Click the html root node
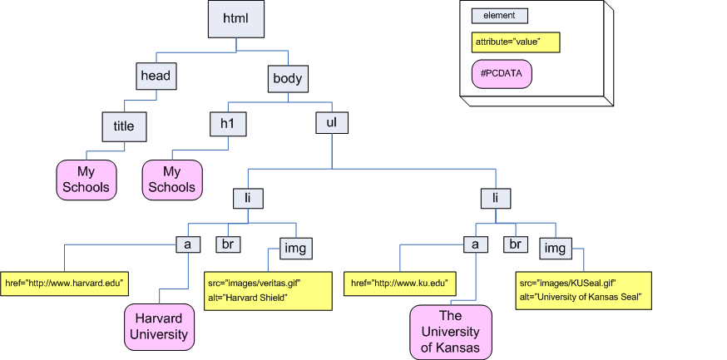[x=236, y=17]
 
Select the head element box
[x=156, y=76]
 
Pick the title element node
[x=124, y=126]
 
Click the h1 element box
[x=229, y=123]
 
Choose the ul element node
[x=331, y=123]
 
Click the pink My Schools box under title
[x=87, y=180]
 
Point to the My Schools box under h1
[x=172, y=180]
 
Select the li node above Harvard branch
[x=248, y=199]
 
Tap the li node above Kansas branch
[x=496, y=199]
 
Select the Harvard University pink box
[x=158, y=327]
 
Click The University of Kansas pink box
[x=451, y=332]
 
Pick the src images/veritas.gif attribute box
[x=255, y=290]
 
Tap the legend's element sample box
[x=500, y=15]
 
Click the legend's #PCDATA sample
[x=502, y=74]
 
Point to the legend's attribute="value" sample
[x=516, y=41]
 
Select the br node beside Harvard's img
[x=228, y=244]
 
